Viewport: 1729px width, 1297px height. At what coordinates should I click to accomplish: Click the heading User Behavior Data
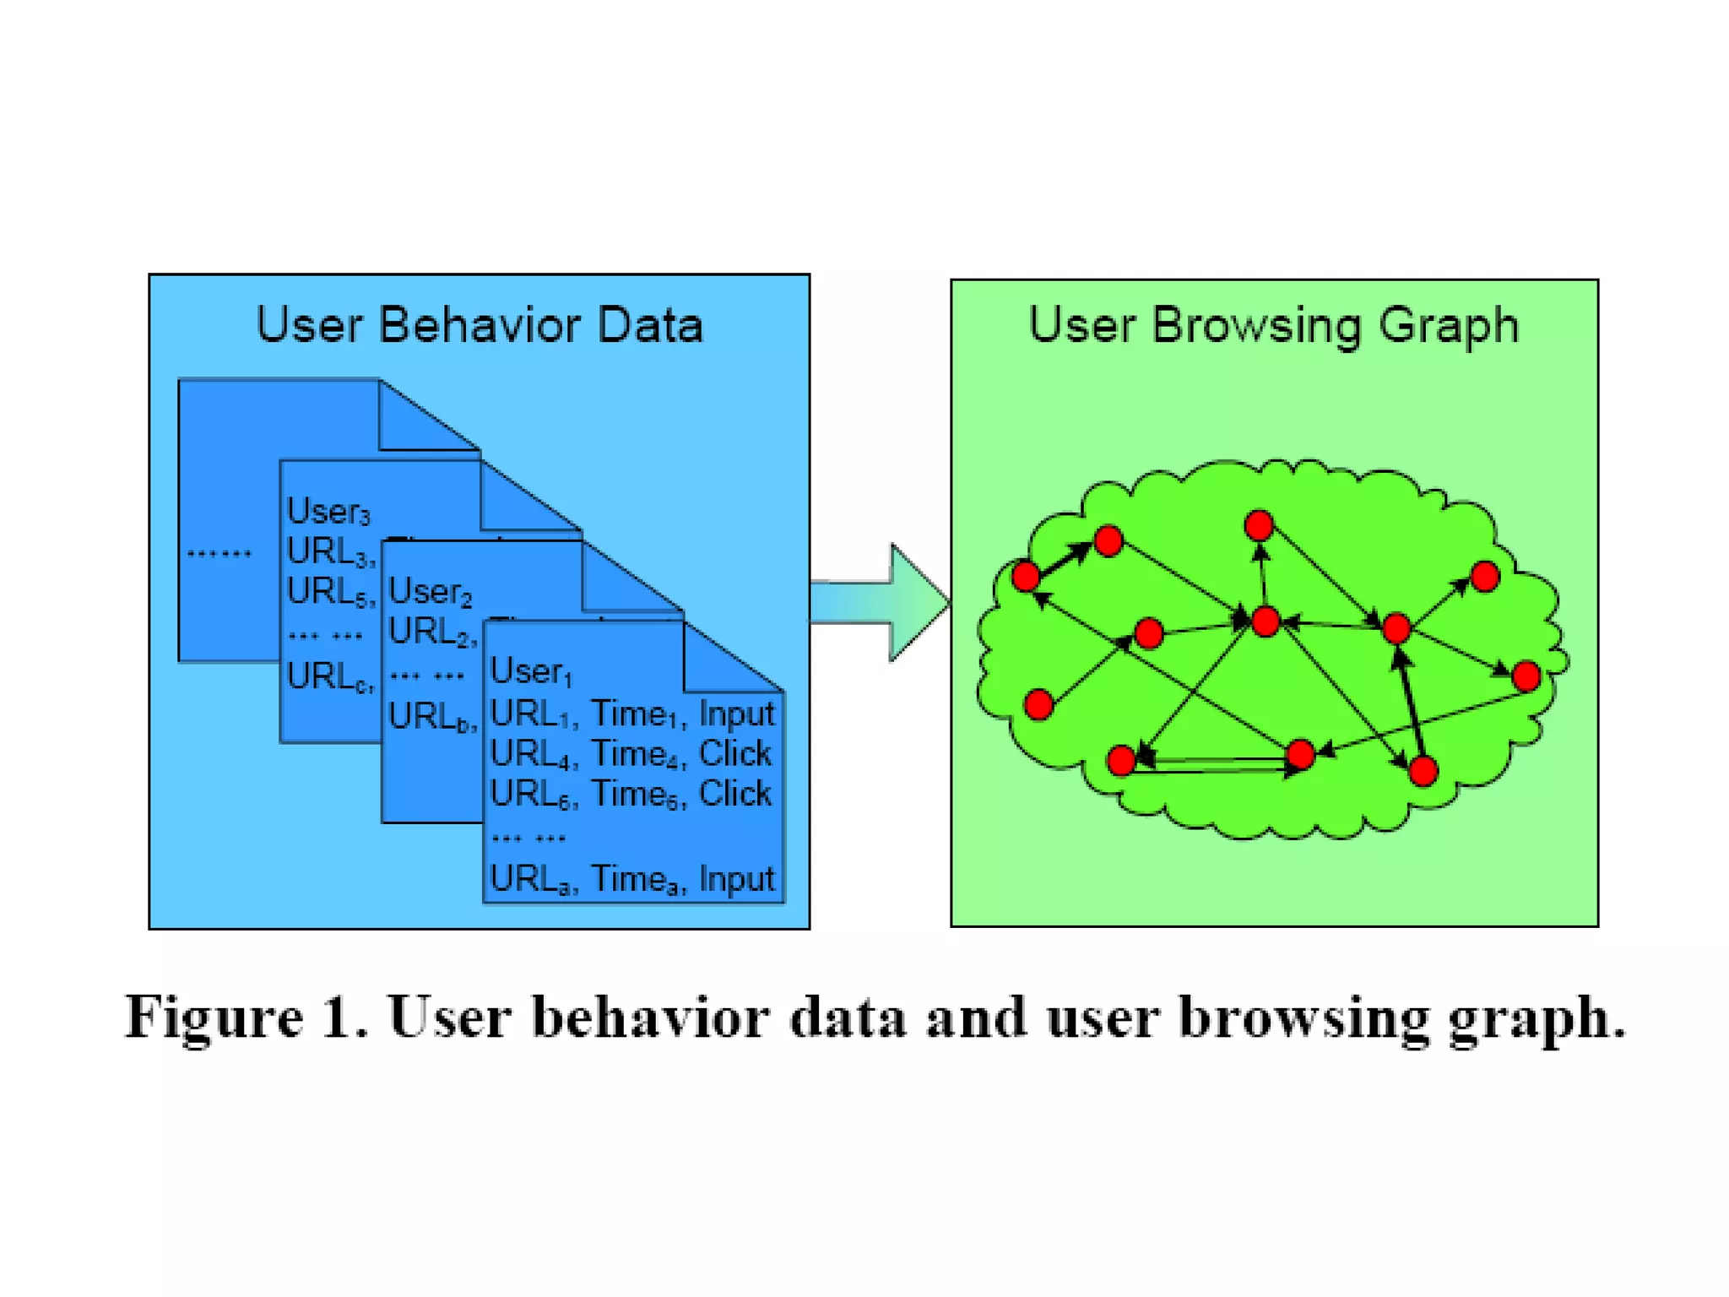click(x=479, y=325)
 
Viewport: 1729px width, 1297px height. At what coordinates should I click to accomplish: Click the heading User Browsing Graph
click(x=1273, y=325)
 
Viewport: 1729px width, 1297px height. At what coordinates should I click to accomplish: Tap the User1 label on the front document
click(x=531, y=672)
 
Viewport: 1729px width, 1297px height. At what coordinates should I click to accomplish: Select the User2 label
click(x=430, y=592)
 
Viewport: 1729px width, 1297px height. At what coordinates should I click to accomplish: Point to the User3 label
click(x=328, y=512)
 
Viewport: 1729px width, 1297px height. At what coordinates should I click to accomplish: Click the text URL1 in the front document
click(x=531, y=714)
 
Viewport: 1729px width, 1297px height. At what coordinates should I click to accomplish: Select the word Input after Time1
click(x=736, y=714)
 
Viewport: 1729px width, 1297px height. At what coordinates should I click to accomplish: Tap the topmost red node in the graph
click(x=1258, y=526)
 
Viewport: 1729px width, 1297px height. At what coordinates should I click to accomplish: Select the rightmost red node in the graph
click(x=1526, y=676)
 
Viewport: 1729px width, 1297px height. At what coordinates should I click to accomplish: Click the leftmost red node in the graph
click(x=1026, y=577)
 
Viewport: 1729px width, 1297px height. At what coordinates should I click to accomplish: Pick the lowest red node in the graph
click(x=1423, y=771)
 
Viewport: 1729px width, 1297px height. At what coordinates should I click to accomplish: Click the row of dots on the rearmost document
click(x=219, y=554)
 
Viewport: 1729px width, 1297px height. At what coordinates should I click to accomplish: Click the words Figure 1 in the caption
click(x=246, y=1017)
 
